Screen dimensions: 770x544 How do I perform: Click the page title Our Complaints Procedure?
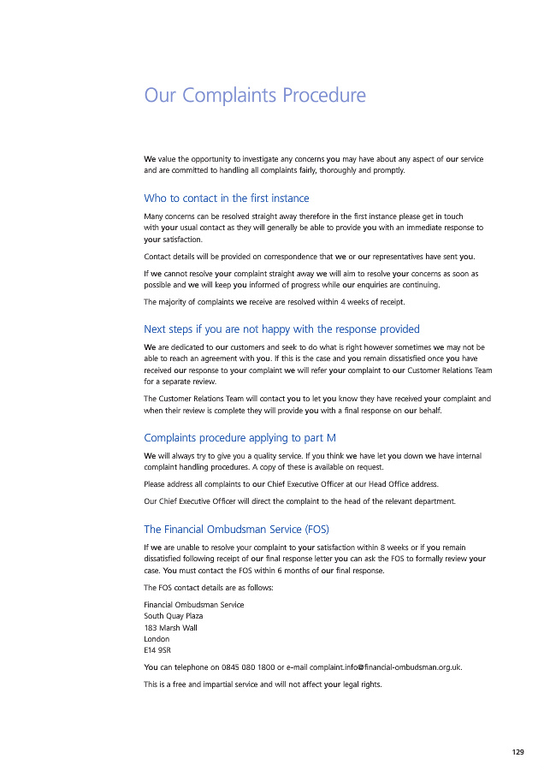tap(255, 95)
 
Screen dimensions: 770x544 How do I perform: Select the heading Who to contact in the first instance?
tap(227, 198)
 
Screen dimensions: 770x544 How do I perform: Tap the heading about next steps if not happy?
tap(281, 329)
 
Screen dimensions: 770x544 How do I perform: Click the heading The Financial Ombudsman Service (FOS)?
tap(237, 529)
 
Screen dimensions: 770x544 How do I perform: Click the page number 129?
tap(517, 752)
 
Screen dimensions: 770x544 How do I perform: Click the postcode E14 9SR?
tap(157, 650)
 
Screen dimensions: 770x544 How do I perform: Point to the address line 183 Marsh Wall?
tap(171, 627)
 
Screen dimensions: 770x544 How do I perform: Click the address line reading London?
tap(157, 639)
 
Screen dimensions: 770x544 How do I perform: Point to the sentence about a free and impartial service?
tap(263, 684)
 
